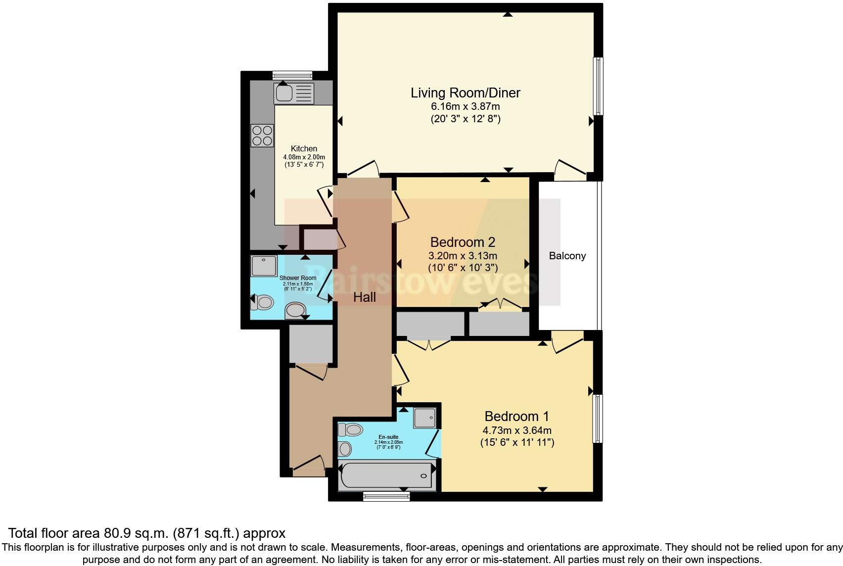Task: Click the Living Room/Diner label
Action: point(465,93)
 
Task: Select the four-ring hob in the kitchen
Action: point(262,136)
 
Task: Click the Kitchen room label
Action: point(304,148)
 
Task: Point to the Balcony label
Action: point(567,256)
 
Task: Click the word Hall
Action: point(365,297)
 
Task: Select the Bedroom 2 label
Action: point(463,242)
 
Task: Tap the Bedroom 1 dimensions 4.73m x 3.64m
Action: point(517,430)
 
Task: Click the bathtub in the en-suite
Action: point(386,476)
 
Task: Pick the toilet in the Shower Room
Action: point(262,302)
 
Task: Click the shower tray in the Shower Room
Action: point(264,266)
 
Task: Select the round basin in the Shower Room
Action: point(295,311)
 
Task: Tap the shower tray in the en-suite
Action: point(425,418)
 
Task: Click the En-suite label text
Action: point(388,437)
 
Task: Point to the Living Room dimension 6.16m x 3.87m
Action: point(465,106)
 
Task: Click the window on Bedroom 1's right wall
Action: point(598,418)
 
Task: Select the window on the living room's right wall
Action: point(598,86)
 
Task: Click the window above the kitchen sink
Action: point(292,75)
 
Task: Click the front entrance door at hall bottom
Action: point(308,468)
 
